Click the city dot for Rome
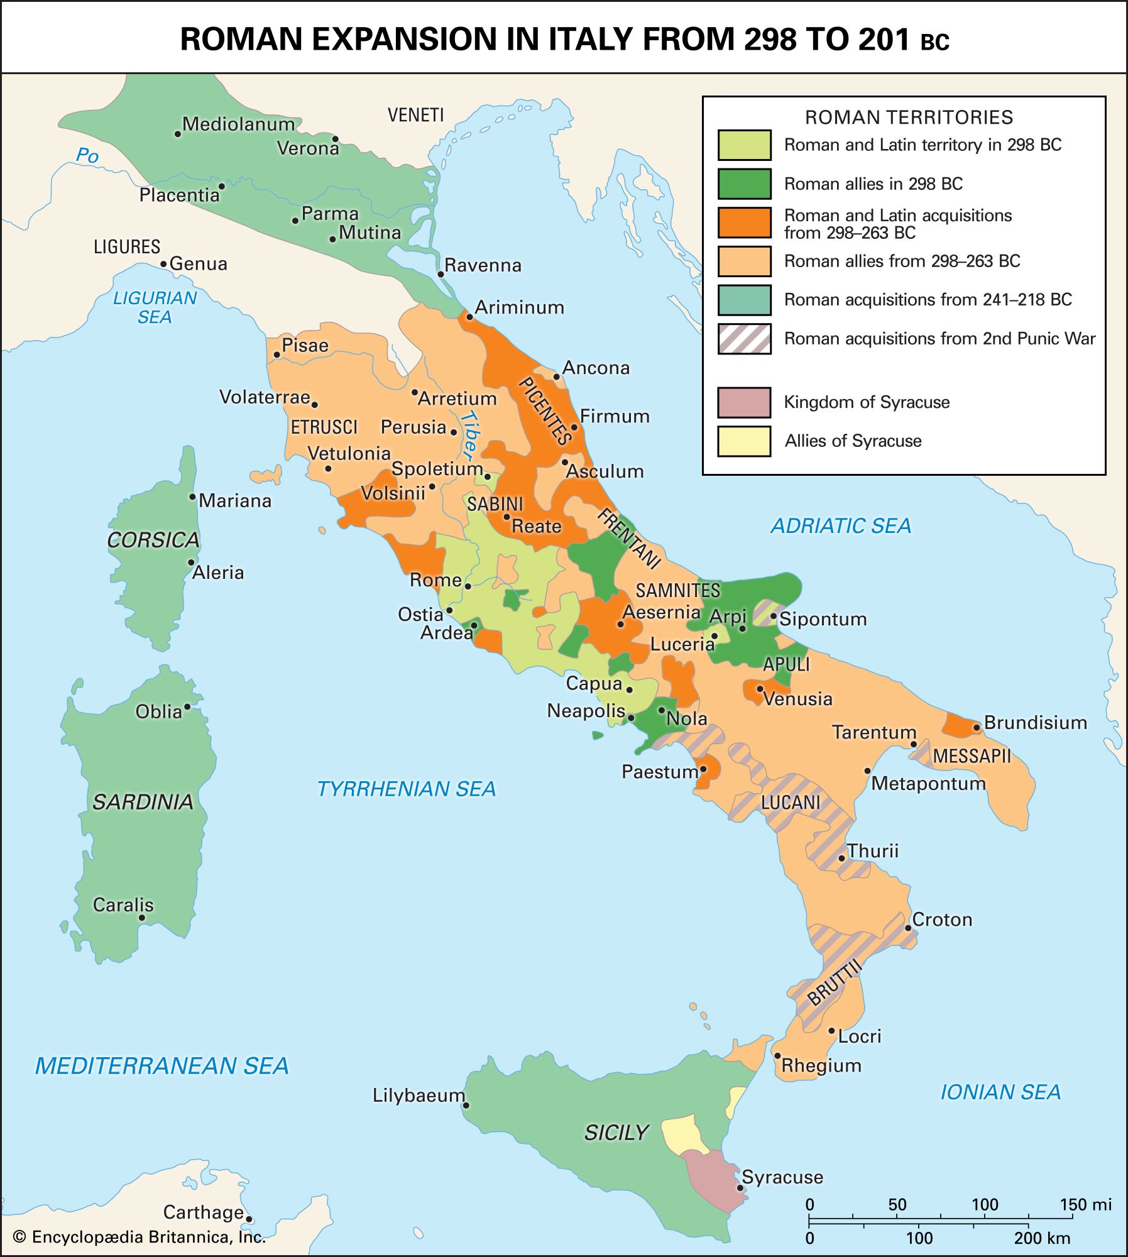pos(468,586)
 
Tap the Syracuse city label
pos(782,1177)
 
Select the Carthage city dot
pos(249,1219)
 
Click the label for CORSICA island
pos(153,540)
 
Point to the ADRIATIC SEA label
pos(840,525)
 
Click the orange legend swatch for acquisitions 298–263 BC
pos(744,223)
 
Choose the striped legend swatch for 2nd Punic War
pos(744,339)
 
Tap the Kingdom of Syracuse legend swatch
pos(744,402)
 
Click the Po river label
pos(87,155)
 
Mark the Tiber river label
pos(468,434)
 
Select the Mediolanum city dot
pos(178,134)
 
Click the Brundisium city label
pos(1035,723)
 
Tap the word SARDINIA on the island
pos(143,801)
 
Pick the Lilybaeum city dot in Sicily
pos(466,1105)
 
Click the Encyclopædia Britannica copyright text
pos(140,1237)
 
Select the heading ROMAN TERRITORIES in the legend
pos(909,118)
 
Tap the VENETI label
pos(415,115)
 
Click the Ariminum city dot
pos(469,317)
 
